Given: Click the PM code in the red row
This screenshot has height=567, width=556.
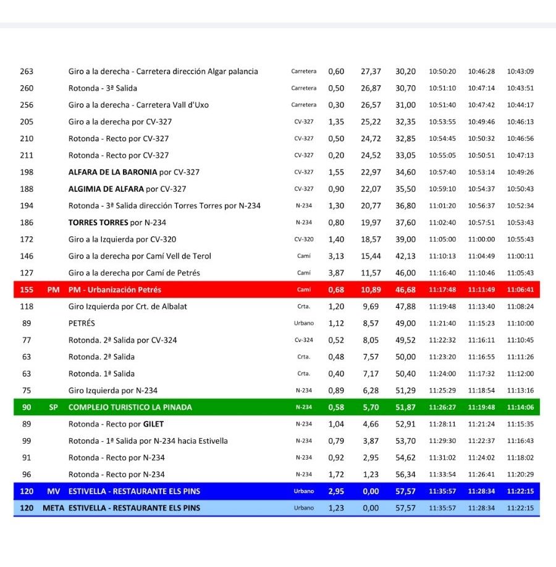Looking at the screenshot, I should click(53, 289).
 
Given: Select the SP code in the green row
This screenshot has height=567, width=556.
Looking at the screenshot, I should click(53, 407).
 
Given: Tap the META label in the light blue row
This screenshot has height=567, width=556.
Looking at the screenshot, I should click(53, 508).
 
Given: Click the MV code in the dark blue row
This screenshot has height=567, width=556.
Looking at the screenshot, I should click(53, 491).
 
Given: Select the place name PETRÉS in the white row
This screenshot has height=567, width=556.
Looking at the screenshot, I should click(82, 323).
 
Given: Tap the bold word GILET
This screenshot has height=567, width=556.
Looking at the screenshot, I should click(153, 424).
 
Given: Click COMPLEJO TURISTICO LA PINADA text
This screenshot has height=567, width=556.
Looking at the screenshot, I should click(130, 407).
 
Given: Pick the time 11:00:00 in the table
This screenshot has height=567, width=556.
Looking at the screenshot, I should click(481, 239).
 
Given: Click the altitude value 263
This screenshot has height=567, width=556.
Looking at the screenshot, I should click(27, 72).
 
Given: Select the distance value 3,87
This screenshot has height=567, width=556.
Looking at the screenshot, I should click(336, 273).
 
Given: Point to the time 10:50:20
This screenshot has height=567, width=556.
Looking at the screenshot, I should click(442, 72).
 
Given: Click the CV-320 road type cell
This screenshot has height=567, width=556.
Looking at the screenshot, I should click(303, 239).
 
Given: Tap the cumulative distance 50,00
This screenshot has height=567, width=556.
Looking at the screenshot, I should click(406, 357).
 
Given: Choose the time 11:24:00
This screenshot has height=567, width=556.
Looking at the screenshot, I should click(442, 374).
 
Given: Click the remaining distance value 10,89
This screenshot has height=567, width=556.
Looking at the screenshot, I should click(371, 289).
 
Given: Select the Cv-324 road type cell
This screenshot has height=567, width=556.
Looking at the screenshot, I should click(303, 340).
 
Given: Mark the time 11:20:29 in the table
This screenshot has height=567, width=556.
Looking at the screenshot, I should click(520, 474).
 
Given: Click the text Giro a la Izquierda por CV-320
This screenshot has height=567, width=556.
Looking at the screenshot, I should click(123, 239).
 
